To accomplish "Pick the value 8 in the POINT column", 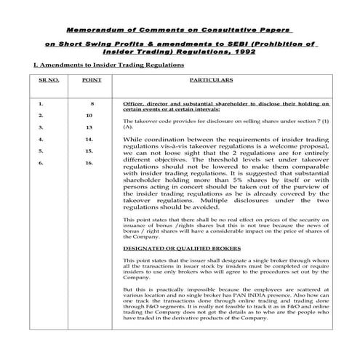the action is (x=92, y=104).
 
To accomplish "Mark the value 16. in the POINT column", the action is (x=89, y=163).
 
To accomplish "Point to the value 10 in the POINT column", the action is (x=89, y=115).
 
